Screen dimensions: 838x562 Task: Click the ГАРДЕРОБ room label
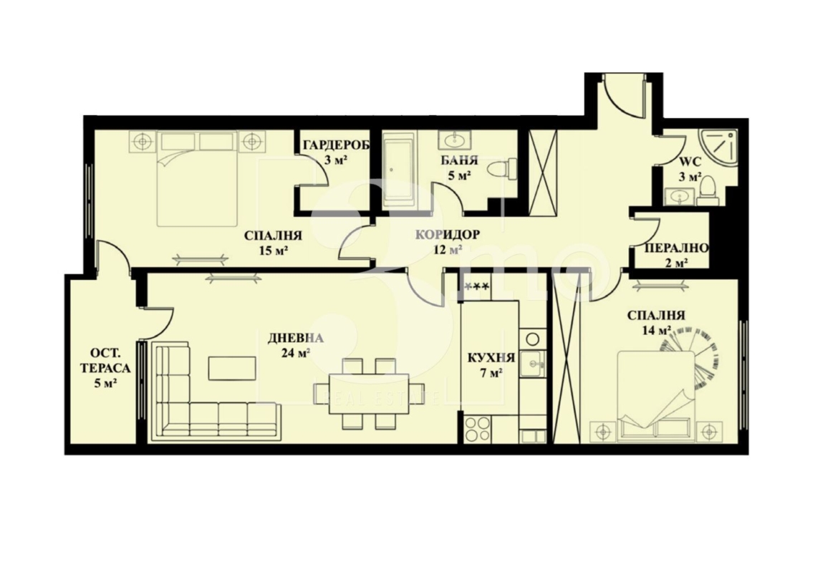pyautogui.click(x=336, y=145)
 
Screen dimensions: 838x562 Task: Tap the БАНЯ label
pyautogui.click(x=459, y=160)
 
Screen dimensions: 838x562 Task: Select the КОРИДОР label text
pyautogui.click(x=448, y=234)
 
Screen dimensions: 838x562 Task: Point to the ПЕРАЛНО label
pyautogui.click(x=677, y=248)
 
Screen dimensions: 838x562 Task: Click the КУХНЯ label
pyautogui.click(x=491, y=358)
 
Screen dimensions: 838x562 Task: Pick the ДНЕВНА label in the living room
pyautogui.click(x=296, y=338)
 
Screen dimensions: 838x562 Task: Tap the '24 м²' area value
pyautogui.click(x=296, y=353)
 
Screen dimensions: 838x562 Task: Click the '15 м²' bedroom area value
pyautogui.click(x=274, y=250)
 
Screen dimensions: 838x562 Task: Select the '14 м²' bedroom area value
pyautogui.click(x=656, y=330)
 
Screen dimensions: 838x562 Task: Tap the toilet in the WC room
pyautogui.click(x=707, y=191)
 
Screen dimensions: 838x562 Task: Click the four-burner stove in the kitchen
pyautogui.click(x=477, y=428)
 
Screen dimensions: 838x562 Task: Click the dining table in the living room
pyautogui.click(x=369, y=393)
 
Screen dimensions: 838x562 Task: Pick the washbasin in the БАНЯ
pyautogui.click(x=456, y=140)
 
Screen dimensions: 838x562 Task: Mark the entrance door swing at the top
pyautogui.click(x=622, y=96)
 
